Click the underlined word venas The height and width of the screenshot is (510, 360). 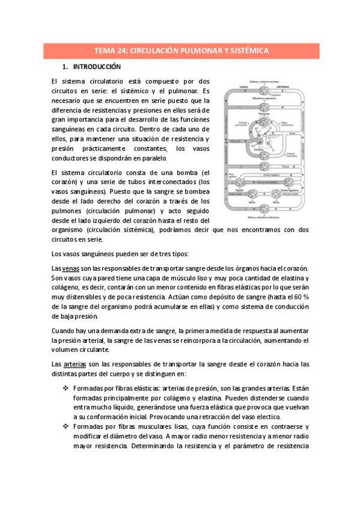(71, 268)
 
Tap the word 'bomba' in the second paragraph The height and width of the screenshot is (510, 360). (184, 172)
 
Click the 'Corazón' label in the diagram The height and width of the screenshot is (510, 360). (258, 148)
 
